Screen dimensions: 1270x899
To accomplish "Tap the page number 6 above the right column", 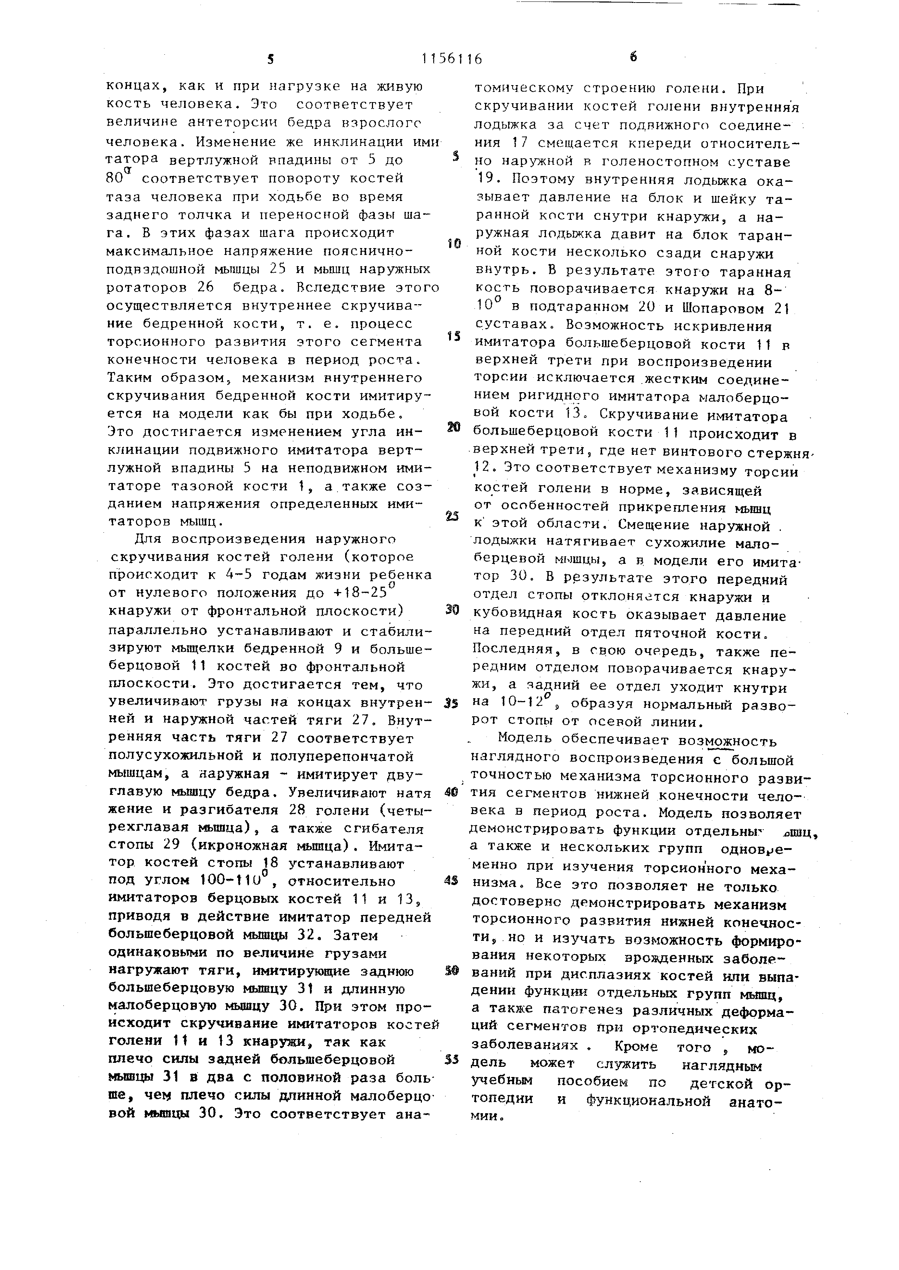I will (x=633, y=56).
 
